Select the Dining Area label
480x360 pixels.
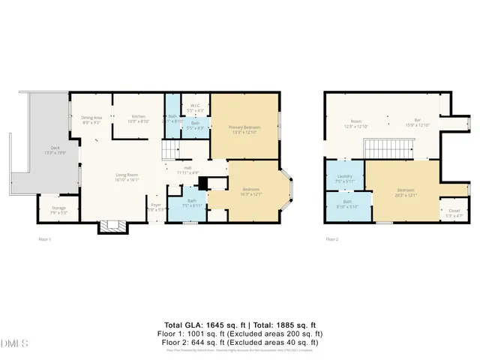tap(91, 117)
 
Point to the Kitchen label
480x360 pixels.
tap(139, 117)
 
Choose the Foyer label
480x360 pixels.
tap(156, 205)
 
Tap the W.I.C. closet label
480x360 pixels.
tap(194, 106)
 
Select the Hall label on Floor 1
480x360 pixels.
tap(187, 169)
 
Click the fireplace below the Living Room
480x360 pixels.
tap(112, 224)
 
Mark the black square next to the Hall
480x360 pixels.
tap(202, 182)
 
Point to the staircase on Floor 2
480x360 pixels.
tap(389, 151)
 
